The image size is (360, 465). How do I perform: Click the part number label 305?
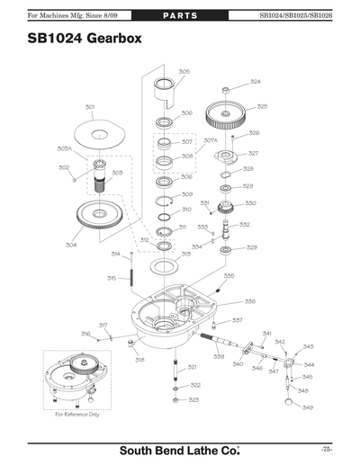pos(184,71)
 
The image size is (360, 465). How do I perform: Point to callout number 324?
pos(255,82)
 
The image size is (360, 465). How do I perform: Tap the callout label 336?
pos(249,301)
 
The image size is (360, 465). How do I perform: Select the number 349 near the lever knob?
pos(307,408)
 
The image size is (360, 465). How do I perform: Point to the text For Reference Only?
pos(77,414)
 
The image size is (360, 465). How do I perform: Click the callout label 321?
pos(192,367)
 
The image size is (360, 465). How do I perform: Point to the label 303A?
pos(65,148)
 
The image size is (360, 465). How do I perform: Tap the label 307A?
pos(210,140)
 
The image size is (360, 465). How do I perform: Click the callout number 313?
pos(185,255)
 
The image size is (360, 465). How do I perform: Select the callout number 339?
pos(219,357)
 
